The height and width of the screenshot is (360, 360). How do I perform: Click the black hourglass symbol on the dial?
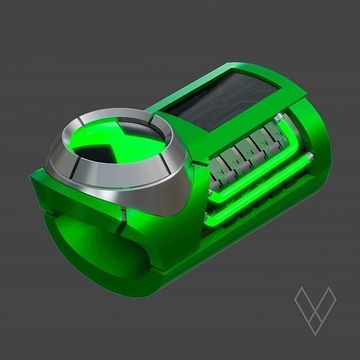click(x=108, y=144)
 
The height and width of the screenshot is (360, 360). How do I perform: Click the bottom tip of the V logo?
click(x=315, y=333)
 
